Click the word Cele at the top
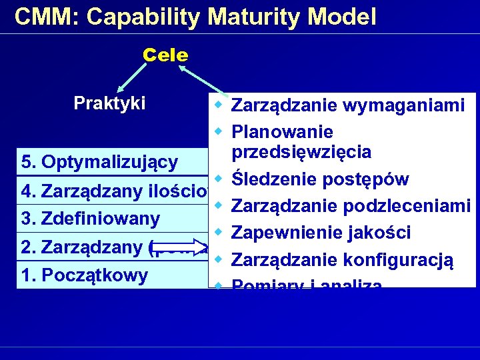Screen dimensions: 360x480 pos(165,55)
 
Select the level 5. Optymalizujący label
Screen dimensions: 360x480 pos(99,162)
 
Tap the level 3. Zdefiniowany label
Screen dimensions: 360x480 pos(91,219)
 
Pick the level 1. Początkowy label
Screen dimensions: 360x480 pos(85,275)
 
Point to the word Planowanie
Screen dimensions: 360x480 pos(283,132)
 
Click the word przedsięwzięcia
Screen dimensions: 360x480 pos(301,152)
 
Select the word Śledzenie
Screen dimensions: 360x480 pos(273,179)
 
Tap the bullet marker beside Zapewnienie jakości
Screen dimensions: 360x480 pos(218,233)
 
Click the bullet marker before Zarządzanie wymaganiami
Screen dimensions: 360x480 pos(218,105)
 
